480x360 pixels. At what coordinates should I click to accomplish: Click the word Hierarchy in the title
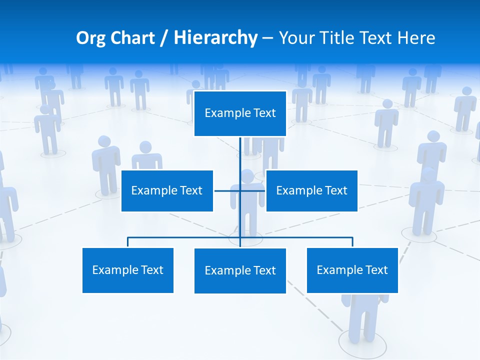tap(215, 38)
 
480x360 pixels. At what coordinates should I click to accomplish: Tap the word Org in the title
tap(90, 38)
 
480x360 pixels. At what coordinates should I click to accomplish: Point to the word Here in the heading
tap(416, 38)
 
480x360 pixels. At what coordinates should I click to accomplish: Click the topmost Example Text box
tap(240, 113)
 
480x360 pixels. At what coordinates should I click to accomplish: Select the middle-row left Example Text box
tap(167, 190)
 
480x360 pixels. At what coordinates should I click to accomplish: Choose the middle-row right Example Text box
tap(311, 190)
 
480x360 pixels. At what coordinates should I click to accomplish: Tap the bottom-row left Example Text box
tap(127, 270)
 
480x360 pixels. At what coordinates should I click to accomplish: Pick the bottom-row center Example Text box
tap(240, 270)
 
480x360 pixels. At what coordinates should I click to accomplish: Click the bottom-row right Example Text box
tap(352, 270)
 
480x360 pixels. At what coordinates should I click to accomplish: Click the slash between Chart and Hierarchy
tap(164, 38)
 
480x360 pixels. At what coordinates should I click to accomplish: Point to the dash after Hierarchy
tap(267, 38)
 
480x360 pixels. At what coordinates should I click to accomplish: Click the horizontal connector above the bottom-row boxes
tap(185, 237)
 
